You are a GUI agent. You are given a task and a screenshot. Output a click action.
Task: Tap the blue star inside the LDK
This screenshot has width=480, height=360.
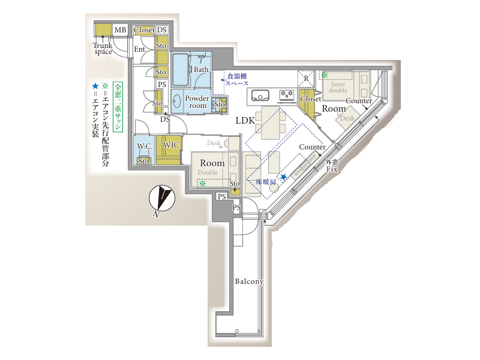[283, 177]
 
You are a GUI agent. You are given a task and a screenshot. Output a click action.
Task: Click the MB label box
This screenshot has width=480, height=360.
[120, 30]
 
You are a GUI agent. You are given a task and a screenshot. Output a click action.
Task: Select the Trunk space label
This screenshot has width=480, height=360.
[103, 49]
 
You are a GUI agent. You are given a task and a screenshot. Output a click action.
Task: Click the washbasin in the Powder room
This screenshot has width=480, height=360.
[176, 101]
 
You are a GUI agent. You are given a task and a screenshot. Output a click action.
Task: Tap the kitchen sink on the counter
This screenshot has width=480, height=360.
[260, 95]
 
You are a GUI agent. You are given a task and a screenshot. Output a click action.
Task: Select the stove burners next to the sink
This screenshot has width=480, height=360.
[287, 95]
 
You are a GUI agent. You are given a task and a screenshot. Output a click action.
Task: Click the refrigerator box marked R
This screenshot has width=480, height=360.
[306, 79]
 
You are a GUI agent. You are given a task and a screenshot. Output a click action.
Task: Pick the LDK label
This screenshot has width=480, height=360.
[245, 121]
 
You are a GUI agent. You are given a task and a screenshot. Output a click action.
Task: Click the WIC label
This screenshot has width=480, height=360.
[171, 145]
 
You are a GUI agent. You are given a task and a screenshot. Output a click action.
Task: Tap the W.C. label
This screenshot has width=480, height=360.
[144, 146]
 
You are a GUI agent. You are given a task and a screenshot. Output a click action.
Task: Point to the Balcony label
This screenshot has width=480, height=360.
[249, 281]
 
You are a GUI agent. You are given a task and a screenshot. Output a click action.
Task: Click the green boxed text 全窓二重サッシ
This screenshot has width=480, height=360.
[118, 107]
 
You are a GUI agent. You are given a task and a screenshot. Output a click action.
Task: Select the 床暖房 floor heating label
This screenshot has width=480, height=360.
[266, 182]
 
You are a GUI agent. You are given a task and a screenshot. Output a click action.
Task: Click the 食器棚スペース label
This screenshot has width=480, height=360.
[237, 80]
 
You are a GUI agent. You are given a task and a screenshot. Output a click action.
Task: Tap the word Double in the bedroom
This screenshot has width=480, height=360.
[208, 172]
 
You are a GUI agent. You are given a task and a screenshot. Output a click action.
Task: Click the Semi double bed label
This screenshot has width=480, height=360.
[338, 87]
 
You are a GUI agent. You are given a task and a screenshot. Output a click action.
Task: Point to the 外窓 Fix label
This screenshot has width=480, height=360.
[332, 166]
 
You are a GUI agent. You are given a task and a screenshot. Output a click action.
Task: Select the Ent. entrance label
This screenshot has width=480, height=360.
[140, 49]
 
